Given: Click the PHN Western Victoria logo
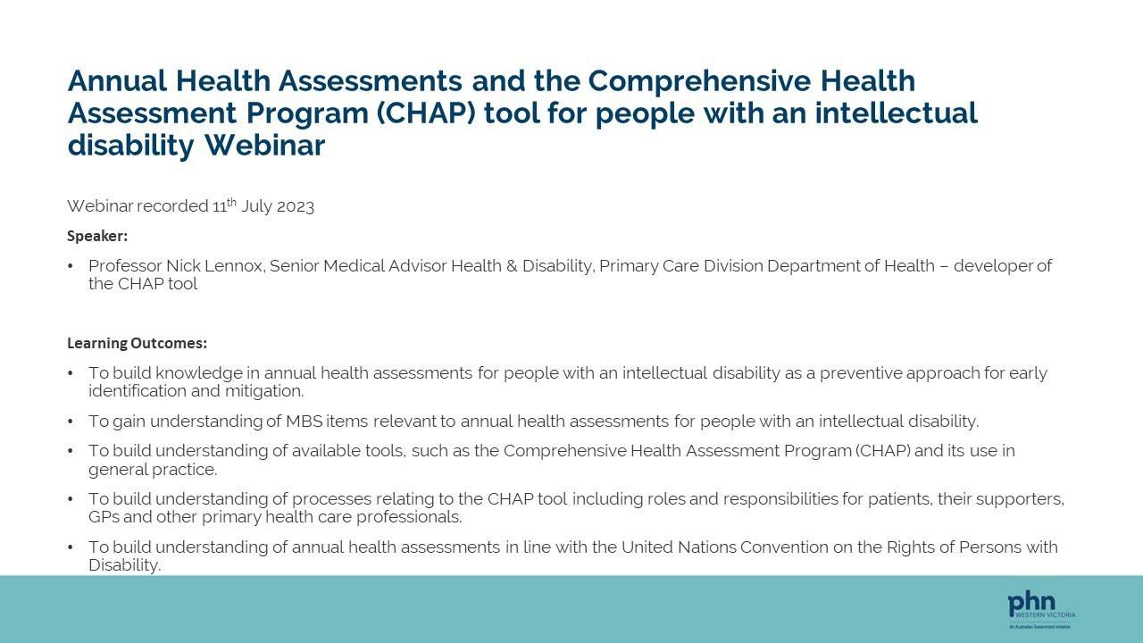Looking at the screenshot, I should pos(1041,610).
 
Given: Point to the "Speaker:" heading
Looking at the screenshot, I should pos(97,236).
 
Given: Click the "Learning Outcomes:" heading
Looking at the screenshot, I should pos(137,343).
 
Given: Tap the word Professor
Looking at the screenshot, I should pos(124,266).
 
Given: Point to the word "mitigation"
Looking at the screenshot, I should pos(264,391).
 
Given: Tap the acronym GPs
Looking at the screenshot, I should pos(104,517).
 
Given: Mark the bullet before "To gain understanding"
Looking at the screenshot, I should pos(71,421).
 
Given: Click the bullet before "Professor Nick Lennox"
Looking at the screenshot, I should pos(71,266).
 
